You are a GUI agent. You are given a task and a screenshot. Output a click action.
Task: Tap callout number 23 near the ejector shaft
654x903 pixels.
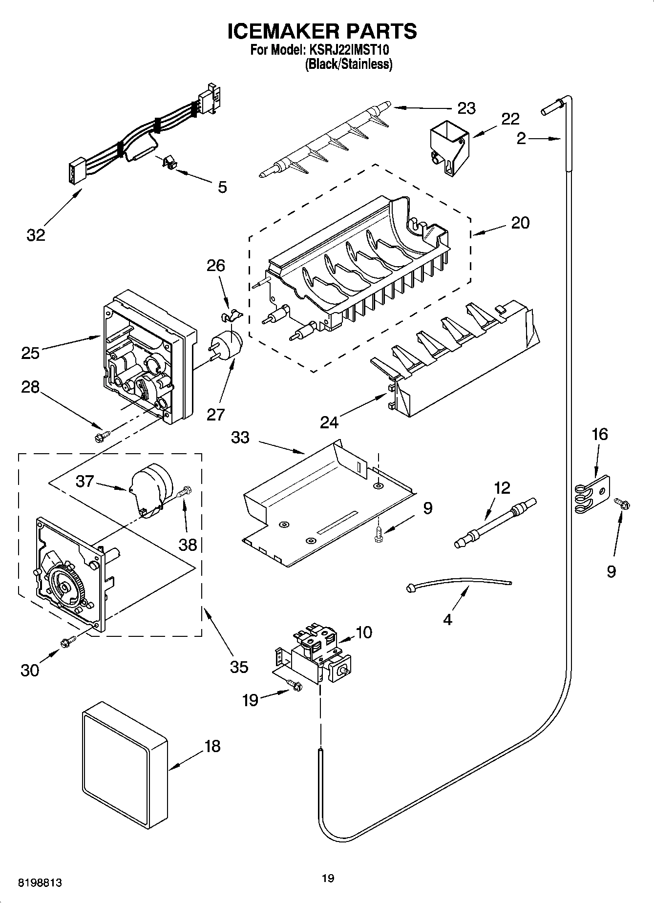[466, 108]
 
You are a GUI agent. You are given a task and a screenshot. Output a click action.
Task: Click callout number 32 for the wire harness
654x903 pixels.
[35, 235]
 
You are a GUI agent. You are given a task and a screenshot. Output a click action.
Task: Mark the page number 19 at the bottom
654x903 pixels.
[328, 879]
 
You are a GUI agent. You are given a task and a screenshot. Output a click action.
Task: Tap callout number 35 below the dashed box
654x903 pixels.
[238, 667]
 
